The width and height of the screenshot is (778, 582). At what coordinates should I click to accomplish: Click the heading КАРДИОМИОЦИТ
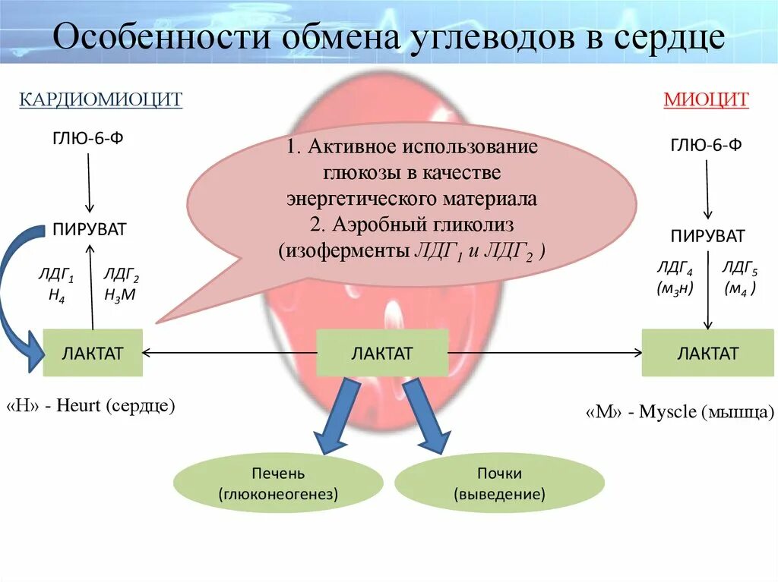point(100,99)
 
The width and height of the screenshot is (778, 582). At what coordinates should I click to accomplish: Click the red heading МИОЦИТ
point(706,99)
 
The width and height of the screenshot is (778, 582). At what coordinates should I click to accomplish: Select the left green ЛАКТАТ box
point(93,353)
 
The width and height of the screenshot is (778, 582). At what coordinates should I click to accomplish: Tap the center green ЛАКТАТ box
point(381,353)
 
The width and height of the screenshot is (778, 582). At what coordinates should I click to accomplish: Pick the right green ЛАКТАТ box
point(707,353)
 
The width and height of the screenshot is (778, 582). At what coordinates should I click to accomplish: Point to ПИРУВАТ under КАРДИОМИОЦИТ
point(90,229)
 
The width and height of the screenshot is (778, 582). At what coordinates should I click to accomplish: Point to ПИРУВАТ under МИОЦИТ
point(707,235)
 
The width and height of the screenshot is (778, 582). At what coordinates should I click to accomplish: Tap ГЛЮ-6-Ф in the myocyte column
point(706,145)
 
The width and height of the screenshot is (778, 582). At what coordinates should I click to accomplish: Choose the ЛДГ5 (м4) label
point(740,278)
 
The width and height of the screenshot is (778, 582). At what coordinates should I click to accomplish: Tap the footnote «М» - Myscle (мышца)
point(680,412)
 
